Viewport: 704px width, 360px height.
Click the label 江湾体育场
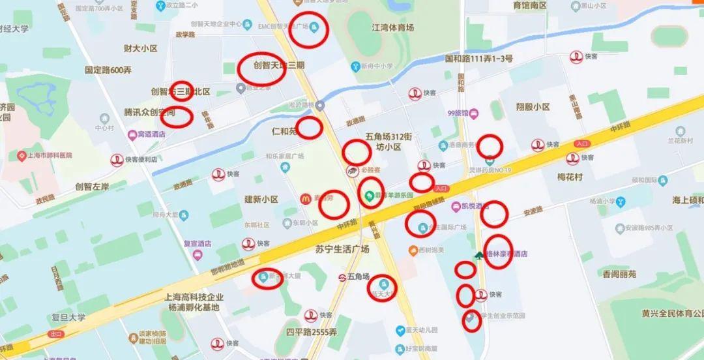coord(392,27)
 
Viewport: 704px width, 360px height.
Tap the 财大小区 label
coord(141,48)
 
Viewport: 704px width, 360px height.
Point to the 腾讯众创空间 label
coord(149,112)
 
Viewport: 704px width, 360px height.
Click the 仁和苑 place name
coord(284,131)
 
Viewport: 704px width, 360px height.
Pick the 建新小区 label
coord(261,199)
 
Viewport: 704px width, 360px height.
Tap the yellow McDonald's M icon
coord(304,198)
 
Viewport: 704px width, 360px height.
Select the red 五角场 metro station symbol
coord(341,277)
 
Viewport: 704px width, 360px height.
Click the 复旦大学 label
coord(68,318)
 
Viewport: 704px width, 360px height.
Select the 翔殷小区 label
coord(532,106)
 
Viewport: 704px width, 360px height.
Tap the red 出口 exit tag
coord(55,334)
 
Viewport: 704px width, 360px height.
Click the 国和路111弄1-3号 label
coord(478,59)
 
